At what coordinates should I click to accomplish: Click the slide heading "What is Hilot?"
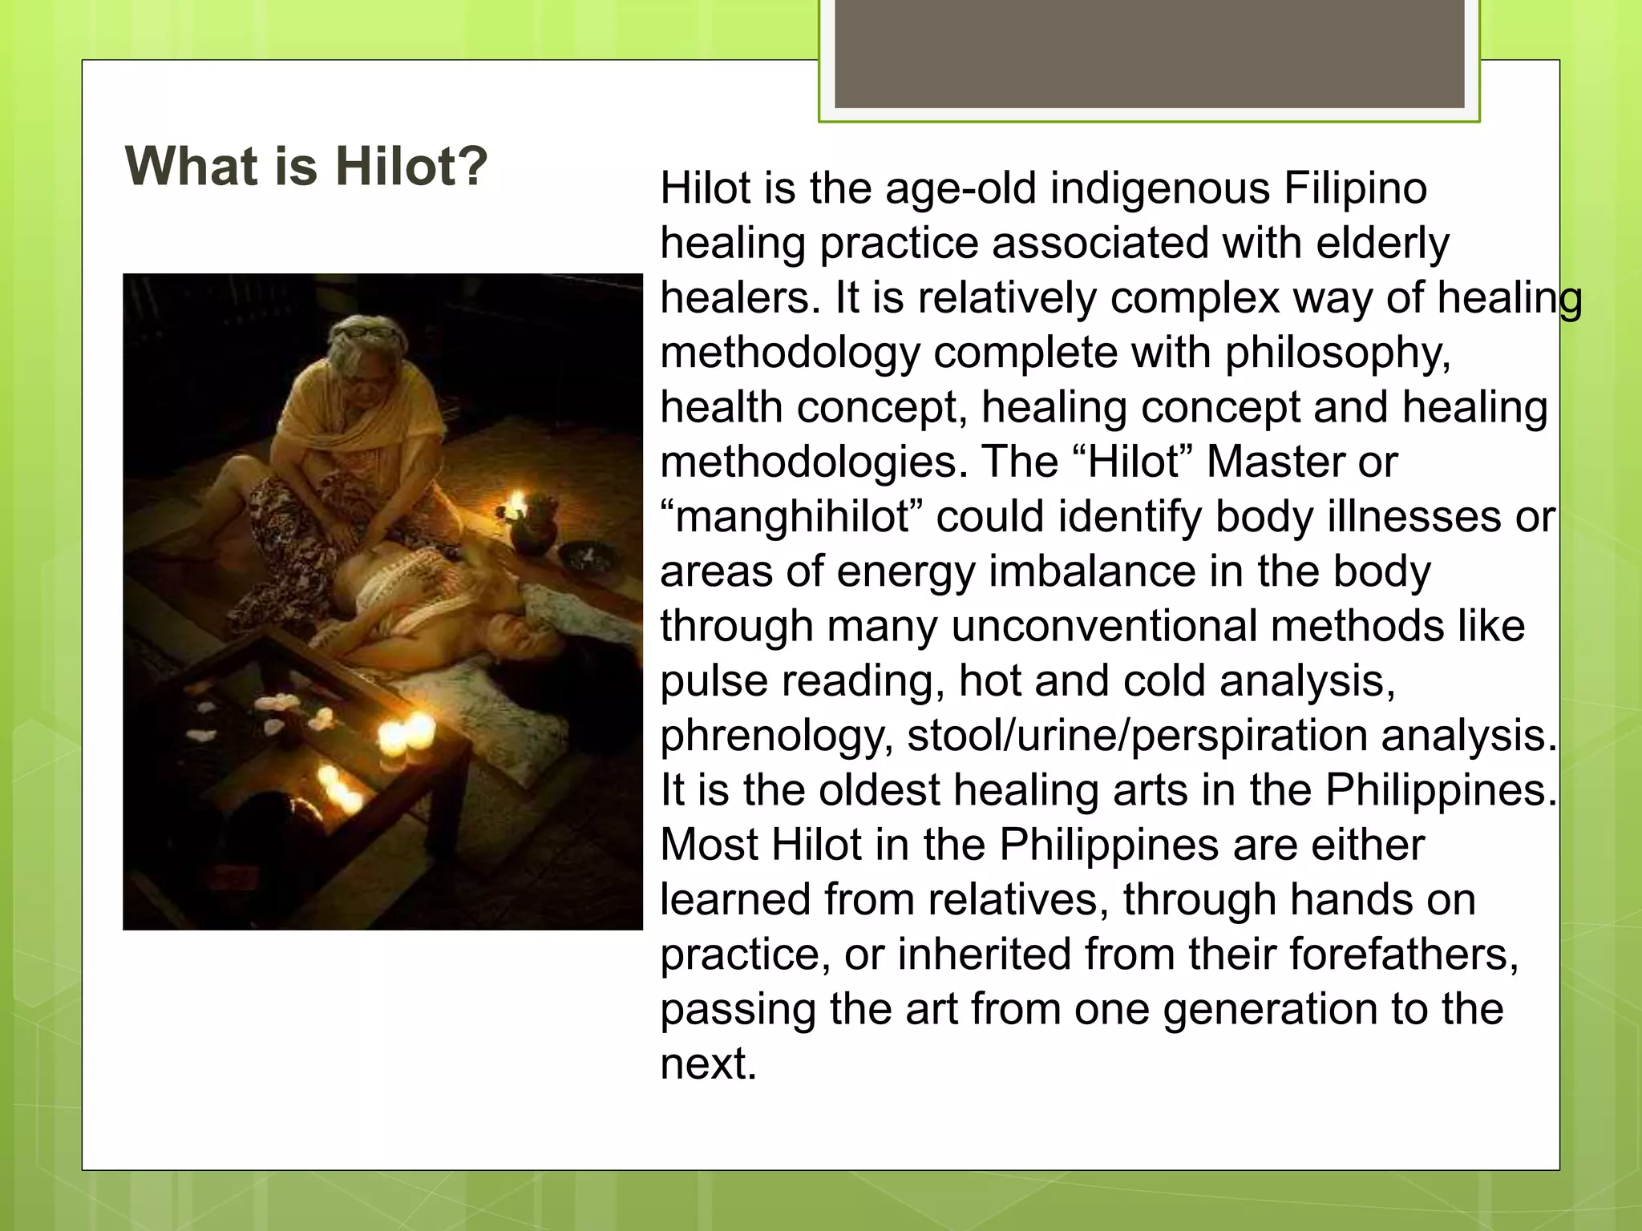pyautogui.click(x=306, y=166)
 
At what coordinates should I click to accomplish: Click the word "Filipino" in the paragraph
pyautogui.click(x=1355, y=189)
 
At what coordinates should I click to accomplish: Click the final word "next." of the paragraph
pyautogui.click(x=709, y=1064)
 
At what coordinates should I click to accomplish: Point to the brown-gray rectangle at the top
pyautogui.click(x=1150, y=53)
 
